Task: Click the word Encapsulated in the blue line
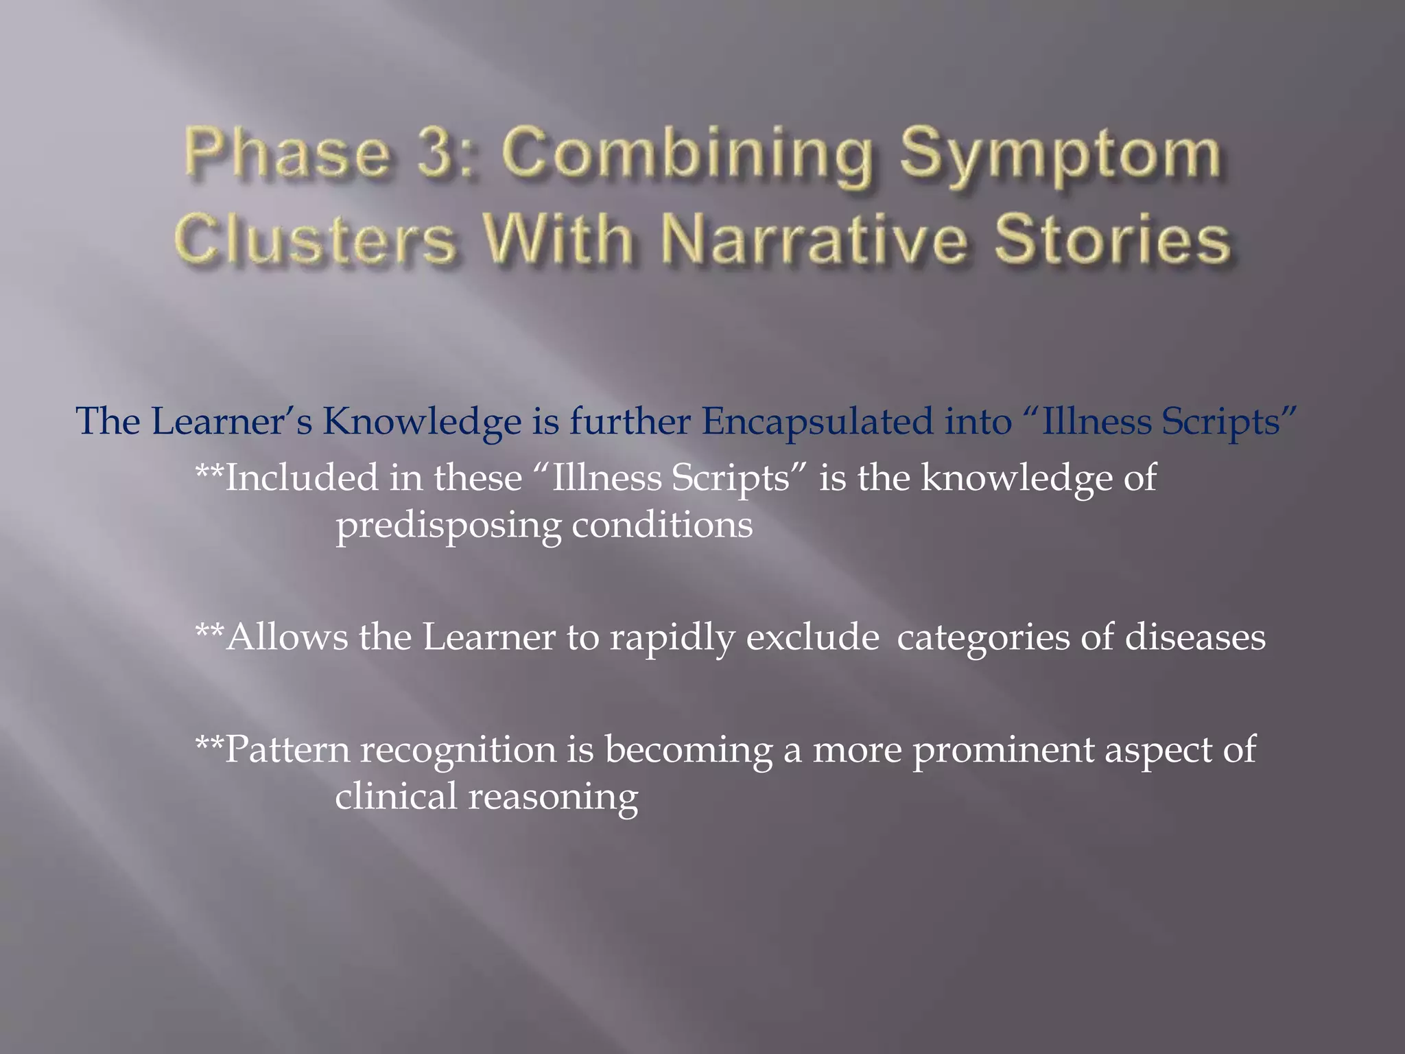click(817, 421)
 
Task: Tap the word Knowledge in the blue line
click(422, 421)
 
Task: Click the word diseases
click(1194, 637)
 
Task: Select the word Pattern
click(287, 749)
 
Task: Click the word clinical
click(396, 797)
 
